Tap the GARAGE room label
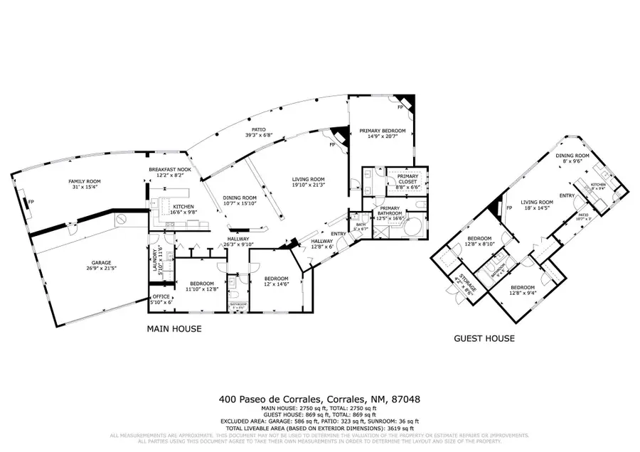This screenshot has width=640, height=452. pos(80,265)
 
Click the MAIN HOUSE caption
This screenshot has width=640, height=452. pos(174,329)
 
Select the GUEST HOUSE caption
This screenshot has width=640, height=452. pos(484,338)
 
